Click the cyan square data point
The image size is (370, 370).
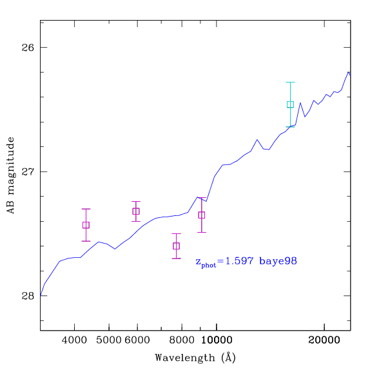(290, 104)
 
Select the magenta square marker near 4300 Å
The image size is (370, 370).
(86, 225)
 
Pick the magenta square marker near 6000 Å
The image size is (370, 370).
(136, 211)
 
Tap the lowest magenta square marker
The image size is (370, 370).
(176, 246)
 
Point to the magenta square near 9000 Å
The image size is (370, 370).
(202, 215)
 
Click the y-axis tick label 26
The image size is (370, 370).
(28, 48)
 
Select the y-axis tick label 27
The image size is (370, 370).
(28, 171)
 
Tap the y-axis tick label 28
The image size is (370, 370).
(28, 296)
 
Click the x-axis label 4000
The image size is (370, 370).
(74, 340)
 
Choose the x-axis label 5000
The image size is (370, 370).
(109, 340)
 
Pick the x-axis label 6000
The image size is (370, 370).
(137, 340)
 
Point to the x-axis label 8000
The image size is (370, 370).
(182, 340)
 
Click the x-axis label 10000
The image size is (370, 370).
(217, 340)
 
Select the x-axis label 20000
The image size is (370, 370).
(324, 340)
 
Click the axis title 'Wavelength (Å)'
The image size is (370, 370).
(195, 358)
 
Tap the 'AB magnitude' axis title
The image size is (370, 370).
(10, 175)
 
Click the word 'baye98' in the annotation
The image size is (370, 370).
(278, 261)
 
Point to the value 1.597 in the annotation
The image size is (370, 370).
(239, 261)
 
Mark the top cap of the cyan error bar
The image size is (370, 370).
(290, 82)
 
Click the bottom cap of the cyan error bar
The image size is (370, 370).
(290, 127)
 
